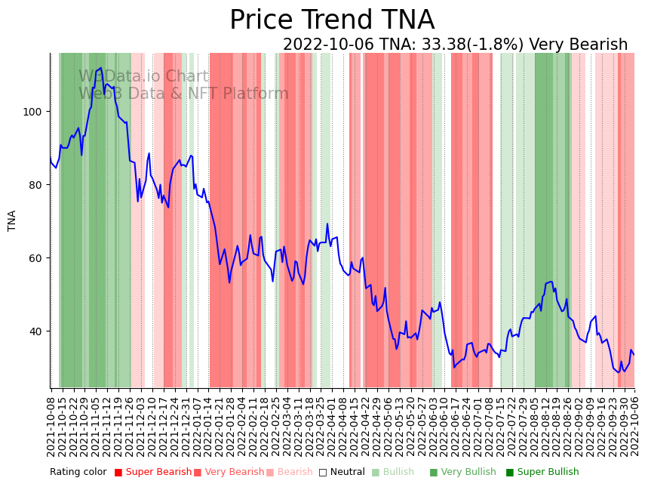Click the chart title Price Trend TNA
332,20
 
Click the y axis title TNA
12,220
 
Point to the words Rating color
79,472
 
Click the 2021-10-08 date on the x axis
51,427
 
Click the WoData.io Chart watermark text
143,76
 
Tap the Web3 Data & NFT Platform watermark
183,94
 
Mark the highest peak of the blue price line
100,68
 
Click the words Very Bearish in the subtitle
578,45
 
